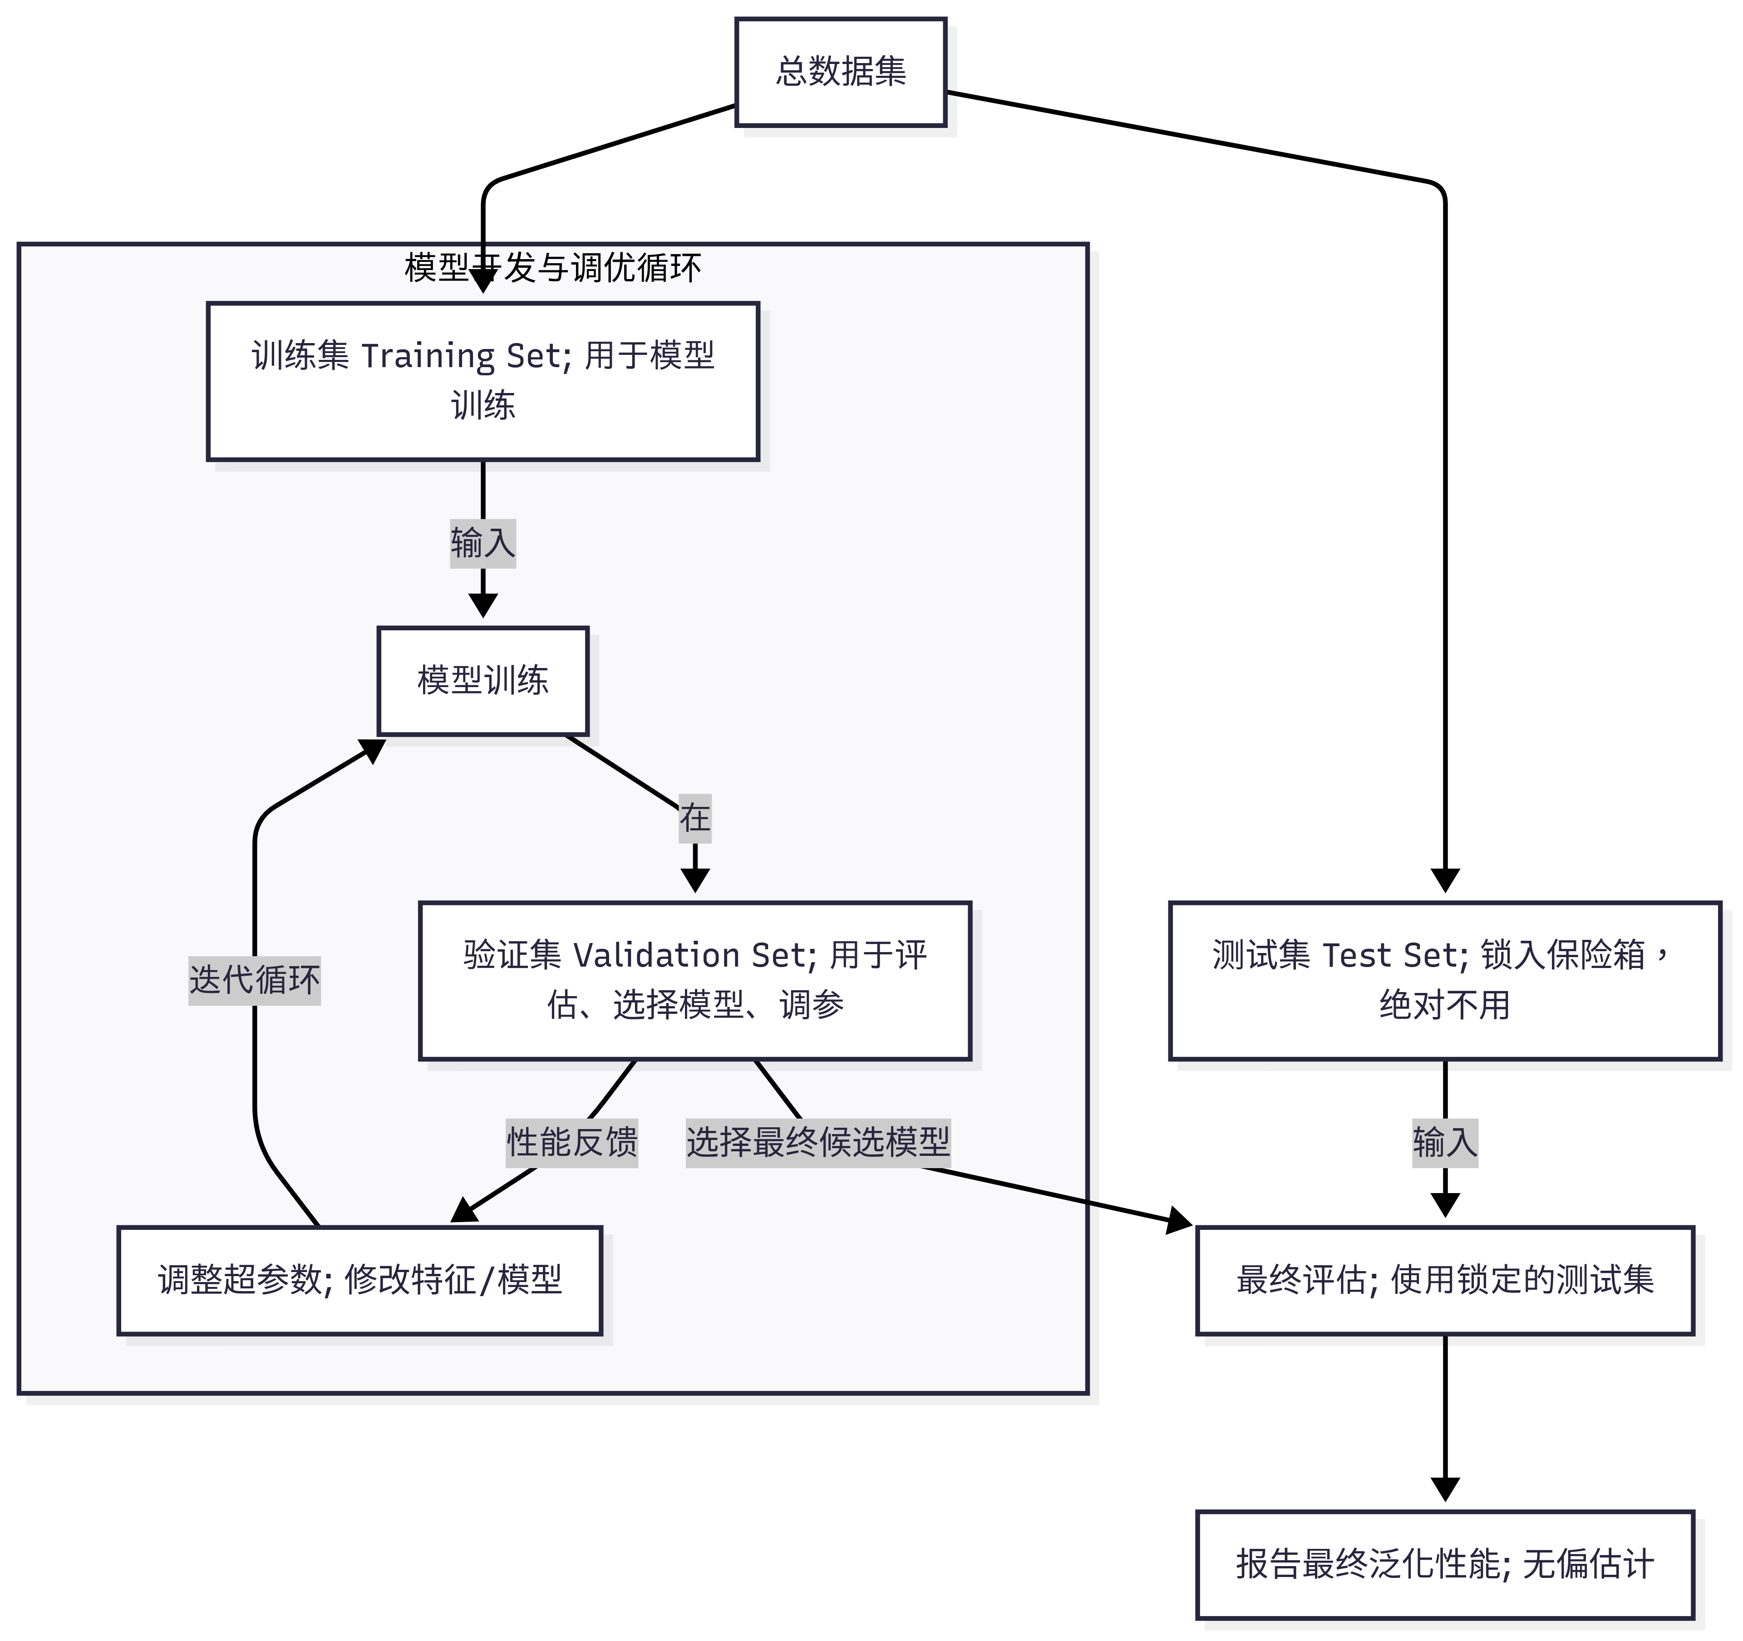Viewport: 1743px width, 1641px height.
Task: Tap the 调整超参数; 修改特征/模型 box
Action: point(359,1281)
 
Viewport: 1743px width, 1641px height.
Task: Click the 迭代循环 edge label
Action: point(254,980)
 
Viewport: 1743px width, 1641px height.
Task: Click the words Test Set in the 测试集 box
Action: point(1394,955)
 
